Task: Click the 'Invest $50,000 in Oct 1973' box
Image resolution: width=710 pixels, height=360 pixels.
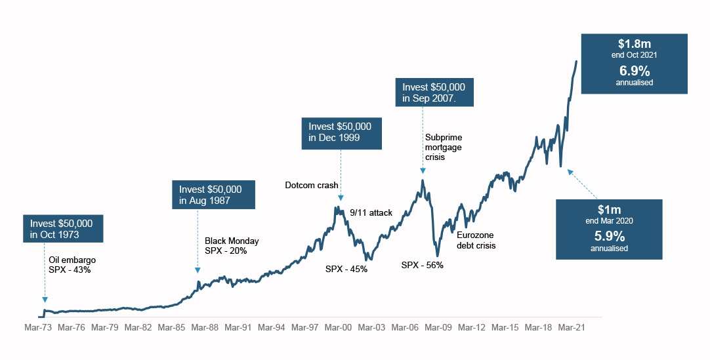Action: click(62, 226)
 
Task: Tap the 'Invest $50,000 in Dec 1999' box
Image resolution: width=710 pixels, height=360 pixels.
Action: click(341, 132)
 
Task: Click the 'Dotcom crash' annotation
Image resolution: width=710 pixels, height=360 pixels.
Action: click(312, 186)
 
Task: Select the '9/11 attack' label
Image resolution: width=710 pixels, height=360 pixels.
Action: click(371, 212)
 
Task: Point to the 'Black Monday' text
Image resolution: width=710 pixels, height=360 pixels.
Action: click(232, 241)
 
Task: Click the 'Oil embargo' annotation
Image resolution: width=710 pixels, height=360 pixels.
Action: click(72, 259)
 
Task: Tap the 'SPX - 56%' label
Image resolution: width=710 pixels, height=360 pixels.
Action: click(423, 266)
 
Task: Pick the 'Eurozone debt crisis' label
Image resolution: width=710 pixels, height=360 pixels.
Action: click(476, 240)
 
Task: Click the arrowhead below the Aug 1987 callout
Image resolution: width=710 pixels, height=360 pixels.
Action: click(198, 270)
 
